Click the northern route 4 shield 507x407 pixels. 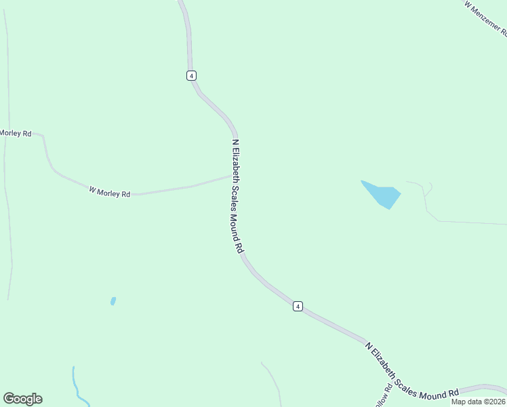[x=192, y=75]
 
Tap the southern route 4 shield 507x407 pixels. [x=298, y=307]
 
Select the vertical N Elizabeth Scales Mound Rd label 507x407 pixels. [x=237, y=197]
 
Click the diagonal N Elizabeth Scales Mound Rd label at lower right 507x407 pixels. [x=411, y=372]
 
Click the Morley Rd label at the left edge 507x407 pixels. [x=16, y=134]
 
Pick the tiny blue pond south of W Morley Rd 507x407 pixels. [x=113, y=301]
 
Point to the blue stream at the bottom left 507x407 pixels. [x=77, y=387]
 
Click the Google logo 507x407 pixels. [x=23, y=399]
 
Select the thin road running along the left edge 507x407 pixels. [x=8, y=203]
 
